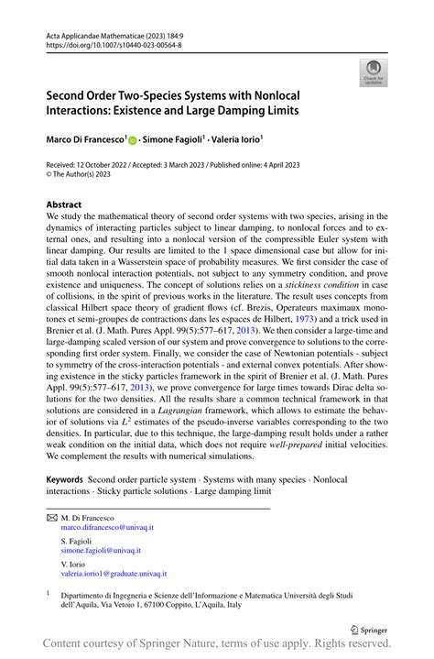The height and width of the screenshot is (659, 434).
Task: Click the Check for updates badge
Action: [373, 73]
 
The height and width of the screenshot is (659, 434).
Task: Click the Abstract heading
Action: [64, 204]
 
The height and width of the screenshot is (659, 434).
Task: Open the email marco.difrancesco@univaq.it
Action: [107, 528]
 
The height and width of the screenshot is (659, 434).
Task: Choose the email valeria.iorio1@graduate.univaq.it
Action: [114, 574]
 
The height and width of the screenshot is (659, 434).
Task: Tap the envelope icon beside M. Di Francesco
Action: [51, 518]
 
